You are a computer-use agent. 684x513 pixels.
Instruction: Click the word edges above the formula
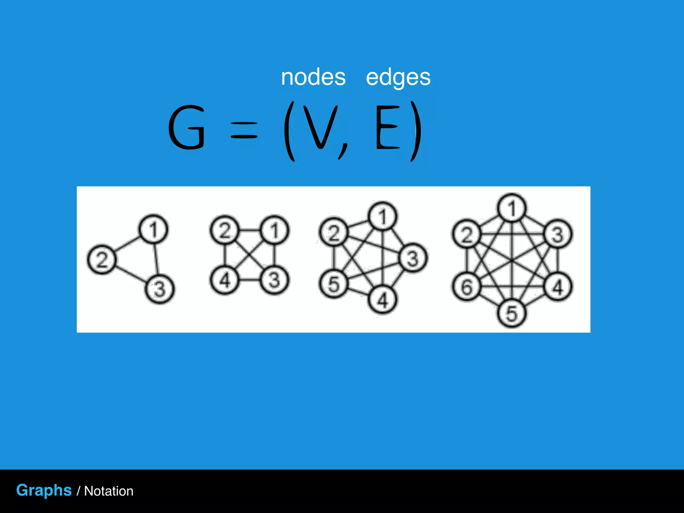coord(398,78)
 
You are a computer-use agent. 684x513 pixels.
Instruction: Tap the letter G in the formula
coord(186,127)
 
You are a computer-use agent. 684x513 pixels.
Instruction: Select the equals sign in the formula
coord(244,130)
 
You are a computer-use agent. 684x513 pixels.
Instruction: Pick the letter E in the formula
coord(387,127)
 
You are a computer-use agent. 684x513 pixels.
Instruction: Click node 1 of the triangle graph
coord(153,229)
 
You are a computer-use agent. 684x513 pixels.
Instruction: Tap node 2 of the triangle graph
coord(102,260)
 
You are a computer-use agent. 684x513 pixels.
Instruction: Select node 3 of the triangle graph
coord(160,289)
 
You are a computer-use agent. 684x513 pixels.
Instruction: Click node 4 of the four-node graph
coord(224,280)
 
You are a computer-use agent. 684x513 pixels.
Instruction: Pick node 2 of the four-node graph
coord(224,230)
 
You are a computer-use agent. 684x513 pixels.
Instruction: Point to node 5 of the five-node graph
coord(333,284)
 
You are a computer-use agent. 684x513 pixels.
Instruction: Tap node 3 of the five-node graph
coord(413,258)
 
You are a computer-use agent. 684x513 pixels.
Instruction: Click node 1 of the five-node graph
coord(383,216)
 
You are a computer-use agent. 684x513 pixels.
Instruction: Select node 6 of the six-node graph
coord(466,287)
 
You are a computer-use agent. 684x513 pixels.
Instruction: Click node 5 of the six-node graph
coord(511,313)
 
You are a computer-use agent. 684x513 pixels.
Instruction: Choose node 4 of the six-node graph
coord(558,287)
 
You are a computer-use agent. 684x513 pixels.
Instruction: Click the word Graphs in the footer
coord(44,490)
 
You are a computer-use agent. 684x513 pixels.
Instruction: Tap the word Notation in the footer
coord(109,491)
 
